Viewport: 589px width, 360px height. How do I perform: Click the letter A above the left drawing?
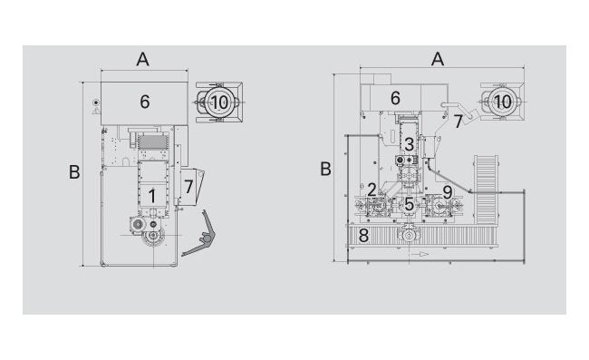point(143,59)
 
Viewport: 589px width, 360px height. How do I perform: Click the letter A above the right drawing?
point(438,59)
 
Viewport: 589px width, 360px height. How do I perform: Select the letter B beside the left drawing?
point(74,172)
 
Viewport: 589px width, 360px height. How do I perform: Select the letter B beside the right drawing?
point(325,169)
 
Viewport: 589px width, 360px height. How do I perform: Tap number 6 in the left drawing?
point(145,102)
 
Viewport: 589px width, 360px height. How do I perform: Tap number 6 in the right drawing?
point(395,98)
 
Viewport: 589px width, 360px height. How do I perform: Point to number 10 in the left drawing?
point(220,102)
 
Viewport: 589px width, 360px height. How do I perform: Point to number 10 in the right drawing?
point(502,102)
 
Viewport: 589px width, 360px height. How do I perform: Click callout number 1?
point(151,196)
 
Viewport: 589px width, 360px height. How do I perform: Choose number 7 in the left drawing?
point(188,187)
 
